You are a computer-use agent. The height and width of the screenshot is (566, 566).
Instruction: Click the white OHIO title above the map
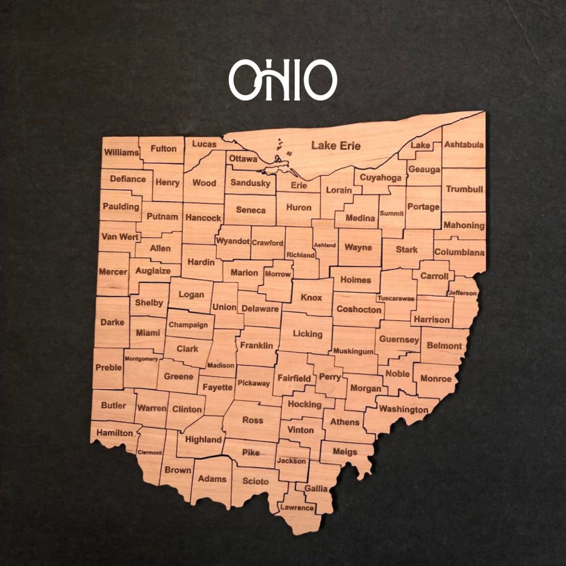[x=283, y=80]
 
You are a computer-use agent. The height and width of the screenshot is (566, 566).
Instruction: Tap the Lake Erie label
[x=336, y=145]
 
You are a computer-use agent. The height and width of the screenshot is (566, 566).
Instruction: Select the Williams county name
[x=121, y=153]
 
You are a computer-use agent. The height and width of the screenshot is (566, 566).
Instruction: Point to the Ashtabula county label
[x=464, y=144]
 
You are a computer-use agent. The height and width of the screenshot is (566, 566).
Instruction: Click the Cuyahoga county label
[x=380, y=177]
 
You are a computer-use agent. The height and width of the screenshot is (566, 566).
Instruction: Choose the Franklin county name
[x=256, y=345]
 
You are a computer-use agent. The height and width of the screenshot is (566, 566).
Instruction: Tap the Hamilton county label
[x=115, y=433]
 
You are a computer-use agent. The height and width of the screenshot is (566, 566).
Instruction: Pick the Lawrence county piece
[x=297, y=508]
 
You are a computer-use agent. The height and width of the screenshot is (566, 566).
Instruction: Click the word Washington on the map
[x=403, y=409]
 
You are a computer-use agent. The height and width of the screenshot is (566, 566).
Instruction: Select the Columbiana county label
[x=459, y=252]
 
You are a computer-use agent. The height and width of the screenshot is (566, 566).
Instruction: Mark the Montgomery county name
[x=141, y=359]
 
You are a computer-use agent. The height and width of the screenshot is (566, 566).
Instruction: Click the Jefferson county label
[x=462, y=293]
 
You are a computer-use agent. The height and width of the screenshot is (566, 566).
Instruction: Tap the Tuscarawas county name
[x=396, y=298]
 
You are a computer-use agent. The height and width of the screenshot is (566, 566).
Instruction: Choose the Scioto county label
[x=255, y=481]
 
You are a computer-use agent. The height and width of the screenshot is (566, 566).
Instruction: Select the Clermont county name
[x=150, y=453]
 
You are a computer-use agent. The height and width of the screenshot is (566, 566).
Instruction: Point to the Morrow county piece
[x=278, y=274]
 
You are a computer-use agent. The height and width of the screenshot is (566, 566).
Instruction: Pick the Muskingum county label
[x=353, y=351]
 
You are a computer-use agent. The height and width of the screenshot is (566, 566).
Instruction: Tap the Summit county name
[x=391, y=213]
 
